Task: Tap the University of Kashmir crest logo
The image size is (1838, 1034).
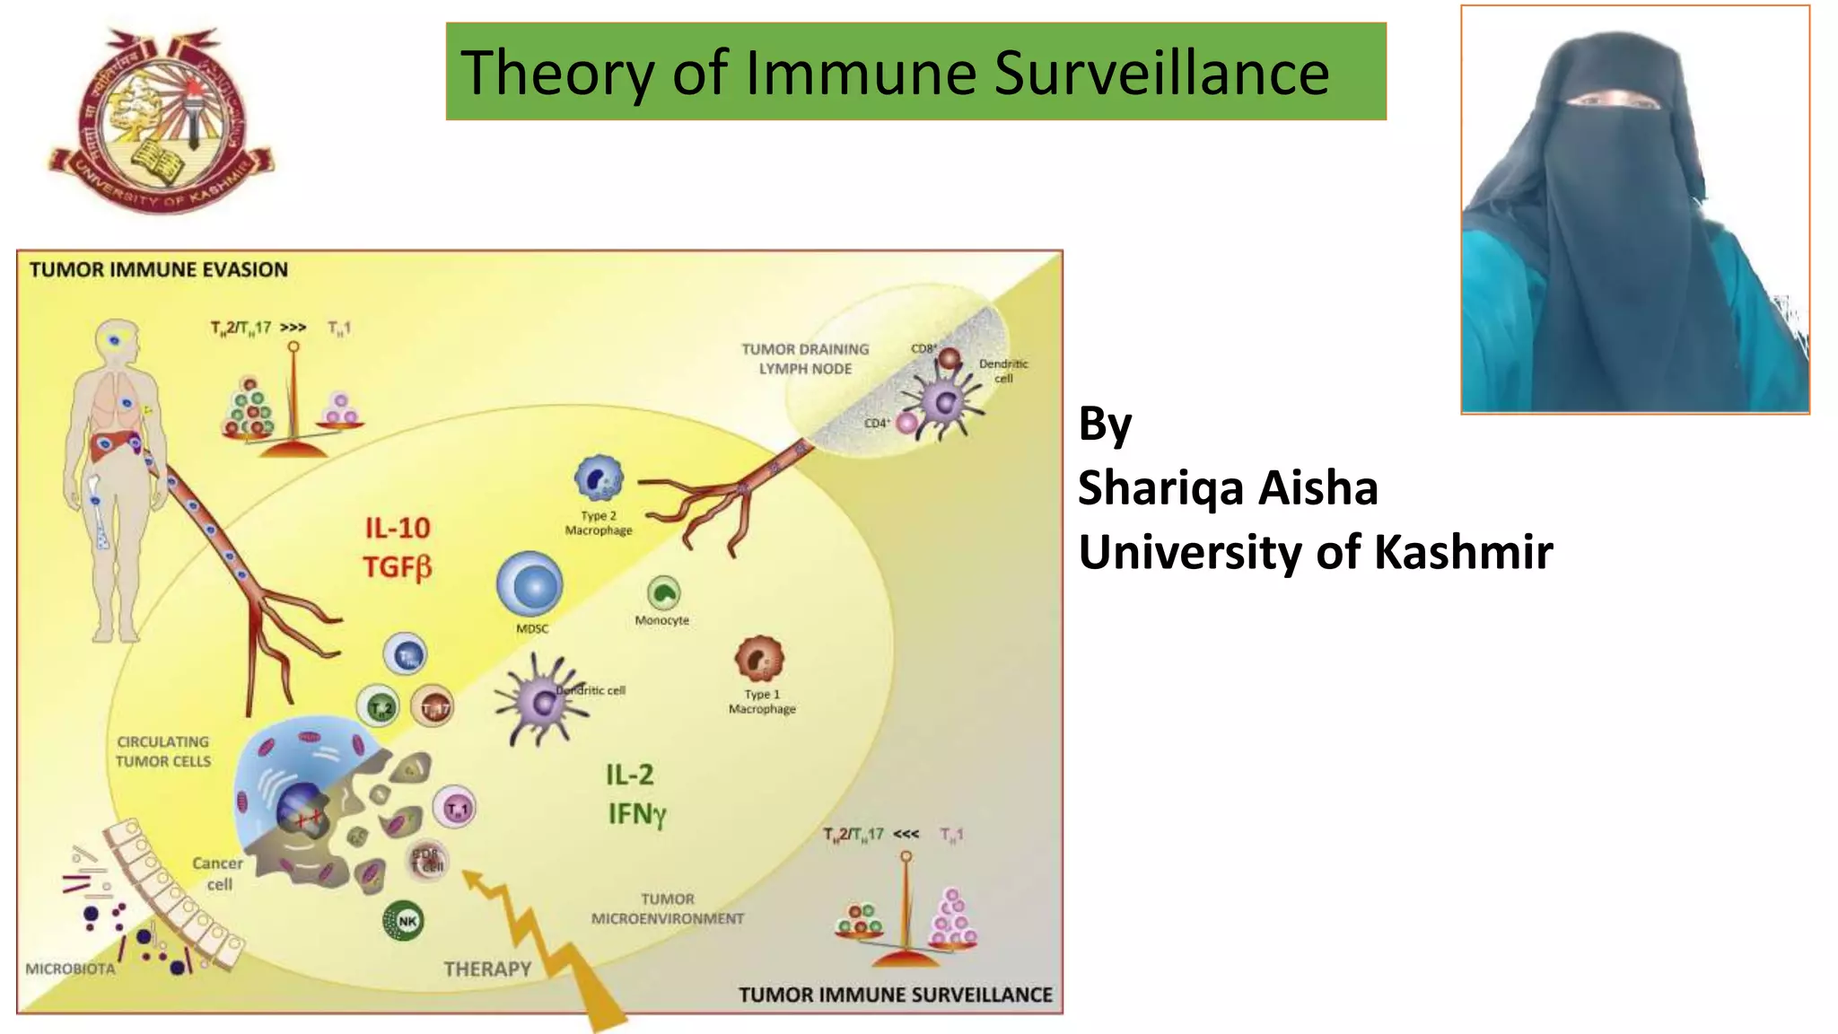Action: coord(162,121)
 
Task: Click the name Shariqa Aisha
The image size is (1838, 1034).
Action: coord(1227,488)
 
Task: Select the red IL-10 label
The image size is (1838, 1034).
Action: coord(398,528)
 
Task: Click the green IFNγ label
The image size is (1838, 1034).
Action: coord(636,814)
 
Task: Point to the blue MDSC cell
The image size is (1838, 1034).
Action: coord(530,585)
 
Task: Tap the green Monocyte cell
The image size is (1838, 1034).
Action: coord(663,593)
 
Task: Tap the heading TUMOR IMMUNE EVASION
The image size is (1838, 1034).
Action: coord(159,269)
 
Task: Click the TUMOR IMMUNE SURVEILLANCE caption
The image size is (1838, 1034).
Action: coord(895,995)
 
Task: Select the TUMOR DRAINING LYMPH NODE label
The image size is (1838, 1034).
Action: coord(805,358)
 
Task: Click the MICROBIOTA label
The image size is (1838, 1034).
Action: coord(70,969)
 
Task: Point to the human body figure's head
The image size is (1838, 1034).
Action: coord(118,341)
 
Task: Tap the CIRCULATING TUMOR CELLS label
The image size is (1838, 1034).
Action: coord(163,751)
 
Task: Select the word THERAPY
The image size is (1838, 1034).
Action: coord(487,968)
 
